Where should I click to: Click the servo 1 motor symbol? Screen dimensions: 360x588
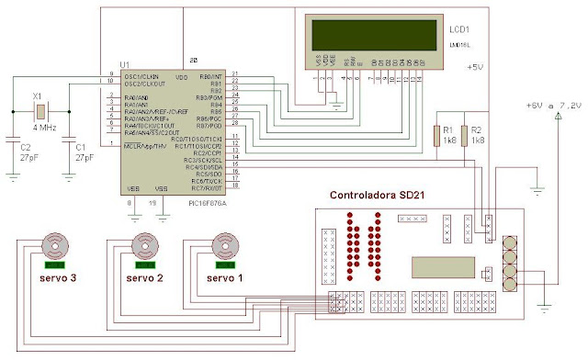(224, 245)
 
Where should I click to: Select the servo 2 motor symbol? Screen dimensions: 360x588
(144, 245)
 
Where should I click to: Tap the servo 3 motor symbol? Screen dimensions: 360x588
(57, 245)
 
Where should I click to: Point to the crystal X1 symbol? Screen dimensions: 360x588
(40, 112)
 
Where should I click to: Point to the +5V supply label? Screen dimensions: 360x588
(474, 68)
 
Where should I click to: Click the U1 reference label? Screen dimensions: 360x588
(125, 64)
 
